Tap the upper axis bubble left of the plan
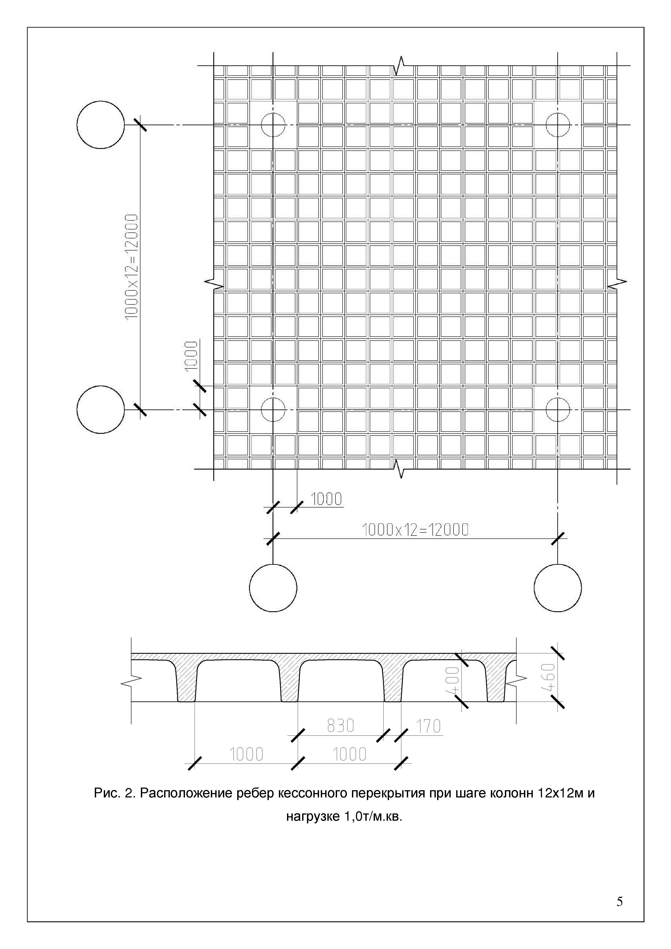(100, 124)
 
